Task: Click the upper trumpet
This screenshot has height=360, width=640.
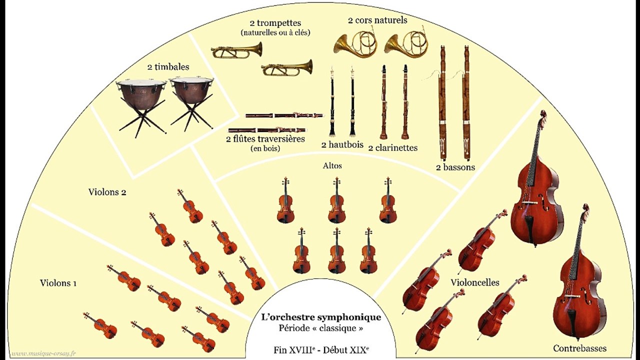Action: click(236, 50)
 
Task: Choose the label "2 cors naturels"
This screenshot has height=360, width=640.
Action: click(377, 20)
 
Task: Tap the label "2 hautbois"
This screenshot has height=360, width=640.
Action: click(342, 145)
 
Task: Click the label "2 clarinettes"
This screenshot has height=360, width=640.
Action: click(392, 147)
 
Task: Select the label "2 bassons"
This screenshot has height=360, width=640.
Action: click(455, 167)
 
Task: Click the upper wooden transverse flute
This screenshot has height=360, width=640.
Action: click(284, 115)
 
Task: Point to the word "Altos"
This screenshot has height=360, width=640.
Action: click(332, 165)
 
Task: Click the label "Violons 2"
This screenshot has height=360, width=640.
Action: click(107, 192)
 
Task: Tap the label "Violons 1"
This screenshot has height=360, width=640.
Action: click(58, 283)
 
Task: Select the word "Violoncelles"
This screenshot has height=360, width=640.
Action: click(474, 282)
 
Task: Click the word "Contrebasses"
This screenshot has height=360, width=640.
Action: click(579, 348)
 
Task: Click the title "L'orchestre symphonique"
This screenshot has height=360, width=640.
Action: click(321, 317)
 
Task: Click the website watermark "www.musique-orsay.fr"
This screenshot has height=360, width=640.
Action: click(44, 354)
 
